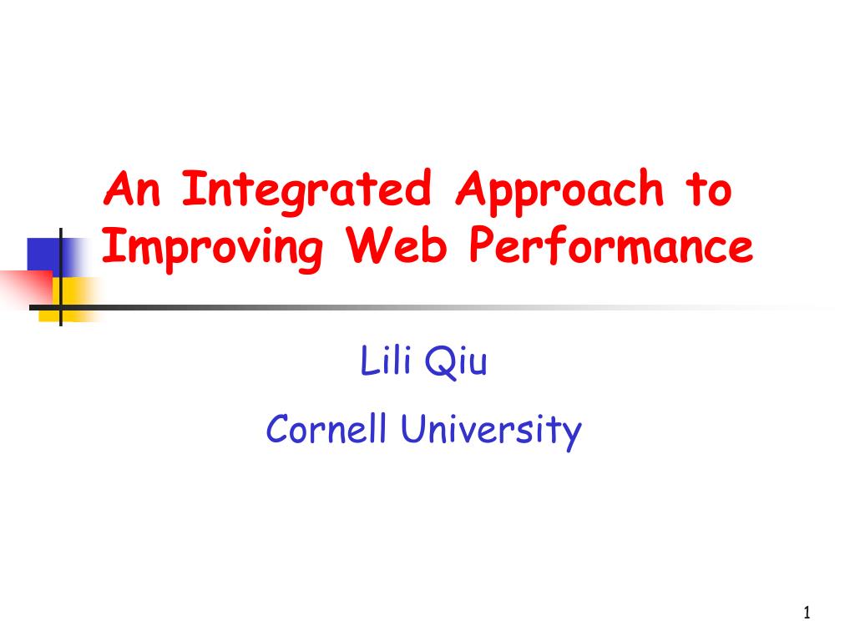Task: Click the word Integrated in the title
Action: pyautogui.click(x=306, y=192)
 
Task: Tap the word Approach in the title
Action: pyautogui.click(x=560, y=192)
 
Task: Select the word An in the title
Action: pyautogui.click(x=132, y=189)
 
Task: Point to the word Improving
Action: pyautogui.click(x=213, y=248)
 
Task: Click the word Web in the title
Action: pyautogui.click(x=397, y=245)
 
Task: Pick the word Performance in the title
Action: pyautogui.click(x=611, y=246)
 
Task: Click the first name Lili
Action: pyautogui.click(x=386, y=360)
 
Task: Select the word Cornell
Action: pyautogui.click(x=326, y=428)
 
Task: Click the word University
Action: pyautogui.click(x=491, y=431)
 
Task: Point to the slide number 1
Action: pyautogui.click(x=807, y=613)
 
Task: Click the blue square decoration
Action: pyautogui.click(x=47, y=256)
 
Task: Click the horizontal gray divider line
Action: pyautogui.click(x=431, y=308)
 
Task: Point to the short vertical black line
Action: pyautogui.click(x=60, y=277)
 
